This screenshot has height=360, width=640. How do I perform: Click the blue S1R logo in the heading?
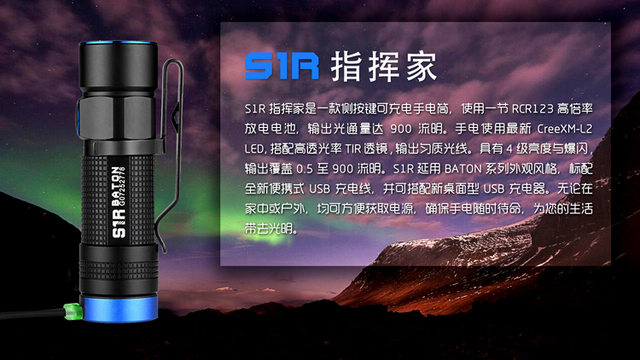coord(282,66)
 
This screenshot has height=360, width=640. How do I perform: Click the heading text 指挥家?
coord(383,67)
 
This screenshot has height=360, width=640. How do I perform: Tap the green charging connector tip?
coord(73,312)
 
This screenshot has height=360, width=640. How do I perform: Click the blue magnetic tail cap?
coord(119,309)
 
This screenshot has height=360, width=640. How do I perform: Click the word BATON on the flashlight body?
coord(115,186)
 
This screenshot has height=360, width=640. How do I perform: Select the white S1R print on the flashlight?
coord(119,224)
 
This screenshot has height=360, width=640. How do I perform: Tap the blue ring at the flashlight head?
coord(119,42)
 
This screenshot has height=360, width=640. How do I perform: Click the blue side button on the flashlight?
coord(78,116)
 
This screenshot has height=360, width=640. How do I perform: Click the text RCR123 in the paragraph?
coord(532,109)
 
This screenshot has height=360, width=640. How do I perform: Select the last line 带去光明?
coord(271,229)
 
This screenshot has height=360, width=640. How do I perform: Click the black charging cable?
coord(32,313)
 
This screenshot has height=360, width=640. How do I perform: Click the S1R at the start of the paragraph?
coord(255,109)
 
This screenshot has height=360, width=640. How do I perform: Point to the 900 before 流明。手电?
coord(401,129)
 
